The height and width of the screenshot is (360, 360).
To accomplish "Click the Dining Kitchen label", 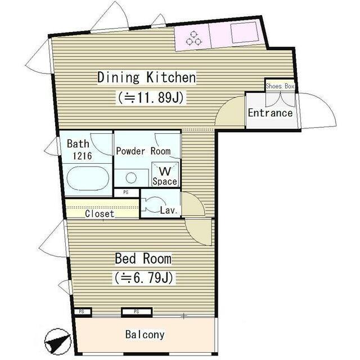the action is click(x=147, y=78).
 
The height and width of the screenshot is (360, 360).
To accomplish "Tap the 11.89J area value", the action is click(x=151, y=97).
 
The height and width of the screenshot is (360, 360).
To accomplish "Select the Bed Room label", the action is click(x=143, y=259).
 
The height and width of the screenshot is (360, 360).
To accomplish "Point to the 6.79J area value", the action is click(x=143, y=277).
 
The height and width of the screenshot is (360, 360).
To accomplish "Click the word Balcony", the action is click(x=145, y=335).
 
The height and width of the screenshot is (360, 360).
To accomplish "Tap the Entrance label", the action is click(x=270, y=113).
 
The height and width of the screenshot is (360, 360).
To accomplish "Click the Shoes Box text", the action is click(x=280, y=86).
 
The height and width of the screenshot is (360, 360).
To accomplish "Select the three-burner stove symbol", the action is click(x=193, y=38).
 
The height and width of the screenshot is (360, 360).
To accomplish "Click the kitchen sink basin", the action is click(x=245, y=33).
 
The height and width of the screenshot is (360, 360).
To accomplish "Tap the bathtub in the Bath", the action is click(x=88, y=178).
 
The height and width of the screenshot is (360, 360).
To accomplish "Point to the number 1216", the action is click(x=82, y=156).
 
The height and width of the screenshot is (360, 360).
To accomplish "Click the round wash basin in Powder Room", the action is click(x=131, y=178).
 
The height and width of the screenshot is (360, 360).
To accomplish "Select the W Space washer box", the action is click(x=165, y=174).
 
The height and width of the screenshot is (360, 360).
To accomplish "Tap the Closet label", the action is click(x=100, y=214).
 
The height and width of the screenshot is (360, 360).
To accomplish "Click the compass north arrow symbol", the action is click(x=58, y=342).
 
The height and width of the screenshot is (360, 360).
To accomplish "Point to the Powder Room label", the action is click(x=143, y=151).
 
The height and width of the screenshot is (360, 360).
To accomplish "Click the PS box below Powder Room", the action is click(x=127, y=192).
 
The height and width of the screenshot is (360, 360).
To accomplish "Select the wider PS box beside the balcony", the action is click(x=137, y=312).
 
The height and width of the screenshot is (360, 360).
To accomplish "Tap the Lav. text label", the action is click(x=169, y=210).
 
